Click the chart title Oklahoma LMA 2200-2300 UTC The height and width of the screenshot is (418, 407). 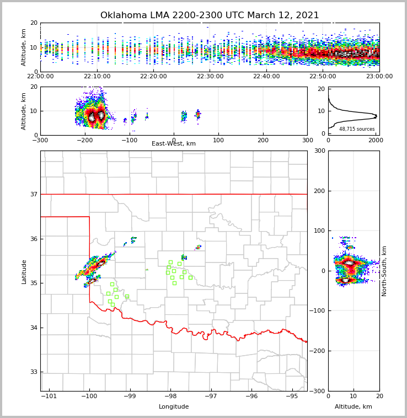click(x=210, y=15)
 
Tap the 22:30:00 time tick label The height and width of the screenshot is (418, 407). click(x=210, y=77)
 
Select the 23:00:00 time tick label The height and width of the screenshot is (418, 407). click(x=379, y=77)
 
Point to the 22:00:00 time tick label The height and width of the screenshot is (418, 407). click(x=41, y=77)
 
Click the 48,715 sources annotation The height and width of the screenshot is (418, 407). click(x=357, y=129)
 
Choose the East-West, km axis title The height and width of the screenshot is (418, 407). click(x=174, y=144)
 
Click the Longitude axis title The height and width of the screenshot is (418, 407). click(x=174, y=407)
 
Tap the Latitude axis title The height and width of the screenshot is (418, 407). click(x=24, y=271)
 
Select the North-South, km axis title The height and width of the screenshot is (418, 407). click(x=384, y=271)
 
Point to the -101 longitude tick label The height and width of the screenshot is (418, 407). click(x=49, y=396)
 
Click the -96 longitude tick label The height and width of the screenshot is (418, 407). click(x=251, y=396)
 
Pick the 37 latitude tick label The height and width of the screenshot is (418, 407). click(x=33, y=194)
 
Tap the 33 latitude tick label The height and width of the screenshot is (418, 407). click(x=33, y=372)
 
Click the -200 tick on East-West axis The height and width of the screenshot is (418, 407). click(x=84, y=140)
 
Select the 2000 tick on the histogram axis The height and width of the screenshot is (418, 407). click(x=375, y=140)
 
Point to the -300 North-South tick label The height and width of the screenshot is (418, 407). click(x=318, y=391)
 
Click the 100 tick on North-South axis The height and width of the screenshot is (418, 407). click(x=319, y=231)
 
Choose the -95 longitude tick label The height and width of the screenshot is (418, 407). click(x=292, y=396)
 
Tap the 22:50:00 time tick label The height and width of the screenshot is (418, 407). click(x=323, y=77)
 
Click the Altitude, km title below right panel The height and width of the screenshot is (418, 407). click(x=354, y=407)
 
